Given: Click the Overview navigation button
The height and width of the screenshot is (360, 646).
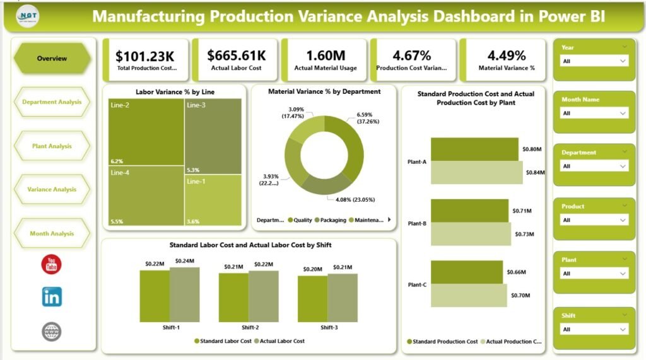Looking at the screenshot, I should coord(52,59).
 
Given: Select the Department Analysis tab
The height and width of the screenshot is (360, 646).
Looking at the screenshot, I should coord(52,102).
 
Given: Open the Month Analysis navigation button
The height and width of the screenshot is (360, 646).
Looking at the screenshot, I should coord(52,233).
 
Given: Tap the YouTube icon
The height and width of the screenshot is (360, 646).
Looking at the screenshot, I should coord(52,264).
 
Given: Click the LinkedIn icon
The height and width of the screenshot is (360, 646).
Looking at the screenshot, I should coord(52,296).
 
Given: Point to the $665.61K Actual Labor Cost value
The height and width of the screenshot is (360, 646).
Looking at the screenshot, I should coord(235,56).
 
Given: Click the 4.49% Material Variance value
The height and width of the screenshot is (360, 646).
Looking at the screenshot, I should coord(502,56).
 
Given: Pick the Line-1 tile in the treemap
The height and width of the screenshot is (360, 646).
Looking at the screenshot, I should coord(213,199).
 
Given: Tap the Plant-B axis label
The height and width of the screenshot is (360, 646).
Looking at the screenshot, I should coord(417,223).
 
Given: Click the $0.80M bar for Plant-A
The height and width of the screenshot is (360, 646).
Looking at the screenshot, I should coord(474,149).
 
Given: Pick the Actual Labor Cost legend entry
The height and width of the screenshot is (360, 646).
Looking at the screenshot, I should coord(280,341).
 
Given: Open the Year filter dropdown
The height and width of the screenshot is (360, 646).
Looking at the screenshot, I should coord(594,61).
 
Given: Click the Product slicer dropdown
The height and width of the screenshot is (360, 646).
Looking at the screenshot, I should coord(594,220).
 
